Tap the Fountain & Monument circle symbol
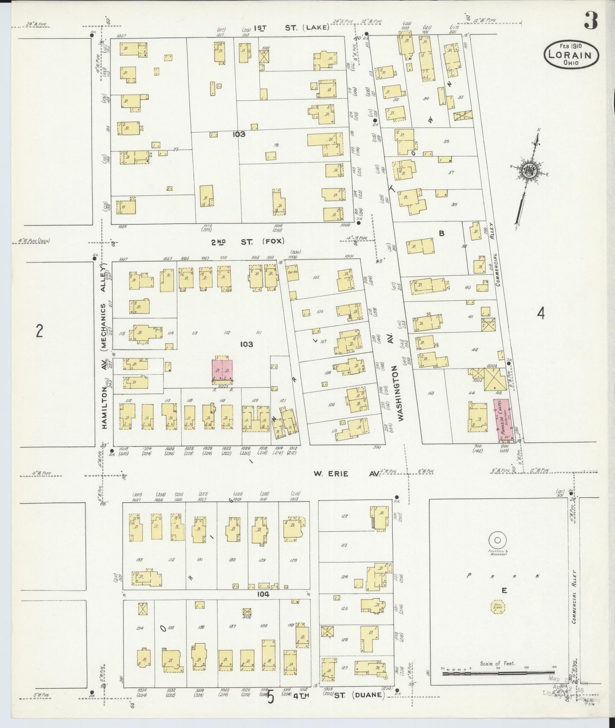pyautogui.click(x=497, y=540)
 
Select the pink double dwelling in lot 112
pyautogui.click(x=223, y=370)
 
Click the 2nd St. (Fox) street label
pyautogui.click(x=239, y=242)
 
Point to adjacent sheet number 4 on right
pyautogui.click(x=541, y=314)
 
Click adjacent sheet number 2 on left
pyautogui.click(x=39, y=331)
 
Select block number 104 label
pyautogui.click(x=263, y=593)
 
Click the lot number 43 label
pyautogui.click(x=431, y=393)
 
